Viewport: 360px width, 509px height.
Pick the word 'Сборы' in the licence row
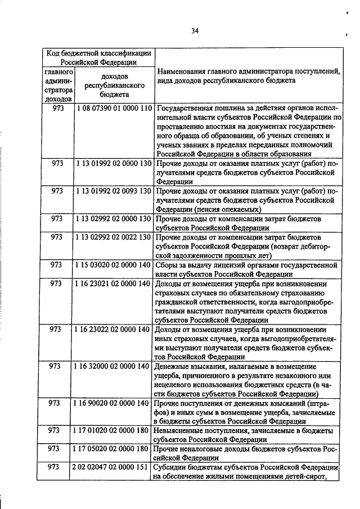(167, 264)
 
